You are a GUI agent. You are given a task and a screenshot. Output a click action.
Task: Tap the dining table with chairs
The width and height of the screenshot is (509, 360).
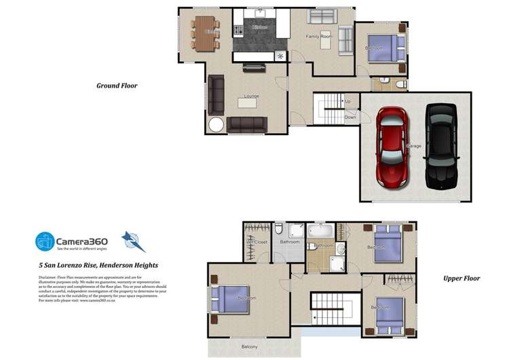204,33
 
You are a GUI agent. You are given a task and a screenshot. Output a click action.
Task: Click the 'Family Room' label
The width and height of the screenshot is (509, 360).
318,36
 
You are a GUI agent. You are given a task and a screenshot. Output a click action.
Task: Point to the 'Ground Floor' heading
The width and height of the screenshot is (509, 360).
117,86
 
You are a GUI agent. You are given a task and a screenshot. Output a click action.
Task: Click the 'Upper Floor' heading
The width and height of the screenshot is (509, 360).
461,278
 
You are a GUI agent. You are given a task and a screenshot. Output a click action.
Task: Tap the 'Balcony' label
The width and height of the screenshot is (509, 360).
250,346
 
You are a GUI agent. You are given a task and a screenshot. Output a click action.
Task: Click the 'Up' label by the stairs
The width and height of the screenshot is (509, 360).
348,102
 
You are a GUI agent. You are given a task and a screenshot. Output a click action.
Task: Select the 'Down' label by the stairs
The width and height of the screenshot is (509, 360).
350,117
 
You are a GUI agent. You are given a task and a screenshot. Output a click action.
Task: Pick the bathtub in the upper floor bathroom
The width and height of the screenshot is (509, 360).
320,232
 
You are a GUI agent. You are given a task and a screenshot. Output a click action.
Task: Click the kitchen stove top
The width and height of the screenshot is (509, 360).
238,30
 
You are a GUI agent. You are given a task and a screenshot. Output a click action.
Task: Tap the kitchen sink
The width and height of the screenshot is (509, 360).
261,13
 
